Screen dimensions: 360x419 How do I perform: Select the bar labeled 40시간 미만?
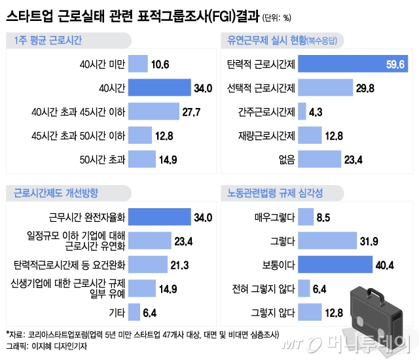(138, 64)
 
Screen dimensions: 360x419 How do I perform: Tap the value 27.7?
(191, 111)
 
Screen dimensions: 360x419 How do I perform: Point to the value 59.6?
(396, 64)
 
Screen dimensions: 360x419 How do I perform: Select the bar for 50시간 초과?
(142, 158)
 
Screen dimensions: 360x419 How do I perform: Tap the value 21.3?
(178, 264)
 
